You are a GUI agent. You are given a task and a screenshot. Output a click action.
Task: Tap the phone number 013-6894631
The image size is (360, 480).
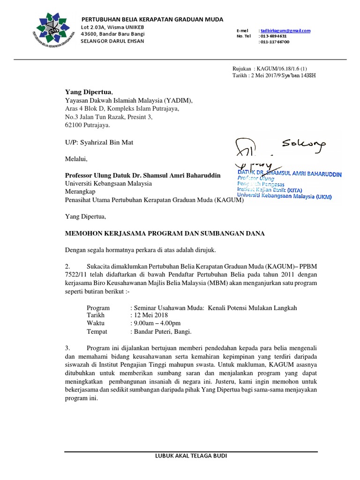274,36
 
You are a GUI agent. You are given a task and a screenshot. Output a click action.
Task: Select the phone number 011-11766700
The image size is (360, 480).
275,42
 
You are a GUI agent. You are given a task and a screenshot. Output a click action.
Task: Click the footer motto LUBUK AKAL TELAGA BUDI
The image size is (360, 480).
190,456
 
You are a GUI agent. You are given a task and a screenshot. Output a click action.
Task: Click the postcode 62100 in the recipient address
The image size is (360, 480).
74,126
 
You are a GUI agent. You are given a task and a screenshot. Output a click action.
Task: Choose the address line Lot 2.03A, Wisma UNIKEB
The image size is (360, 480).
112,27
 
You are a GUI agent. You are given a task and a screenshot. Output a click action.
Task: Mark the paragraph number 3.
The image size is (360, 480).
67,348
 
